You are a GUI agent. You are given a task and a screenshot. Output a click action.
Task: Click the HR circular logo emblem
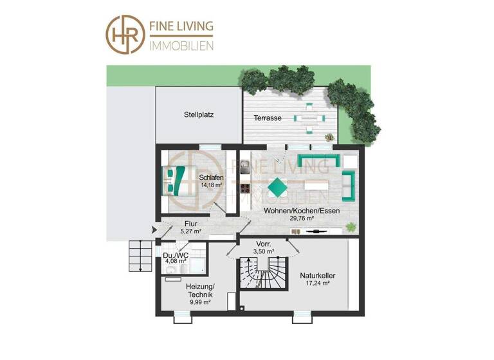click(126, 34)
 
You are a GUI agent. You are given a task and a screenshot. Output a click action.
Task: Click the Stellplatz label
click(199, 116)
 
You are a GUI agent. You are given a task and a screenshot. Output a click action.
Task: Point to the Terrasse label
click(268, 118)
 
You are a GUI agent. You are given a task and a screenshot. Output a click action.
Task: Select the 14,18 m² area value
click(210, 185)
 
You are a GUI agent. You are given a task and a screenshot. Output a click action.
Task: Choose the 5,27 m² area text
click(190, 231)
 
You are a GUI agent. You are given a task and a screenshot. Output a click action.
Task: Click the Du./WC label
click(175, 255)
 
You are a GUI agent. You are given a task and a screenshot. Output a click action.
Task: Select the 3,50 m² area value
click(264, 251)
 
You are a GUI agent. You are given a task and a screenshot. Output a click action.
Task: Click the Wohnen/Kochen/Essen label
click(302, 211)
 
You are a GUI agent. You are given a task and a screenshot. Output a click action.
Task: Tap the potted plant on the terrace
click(330, 137)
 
